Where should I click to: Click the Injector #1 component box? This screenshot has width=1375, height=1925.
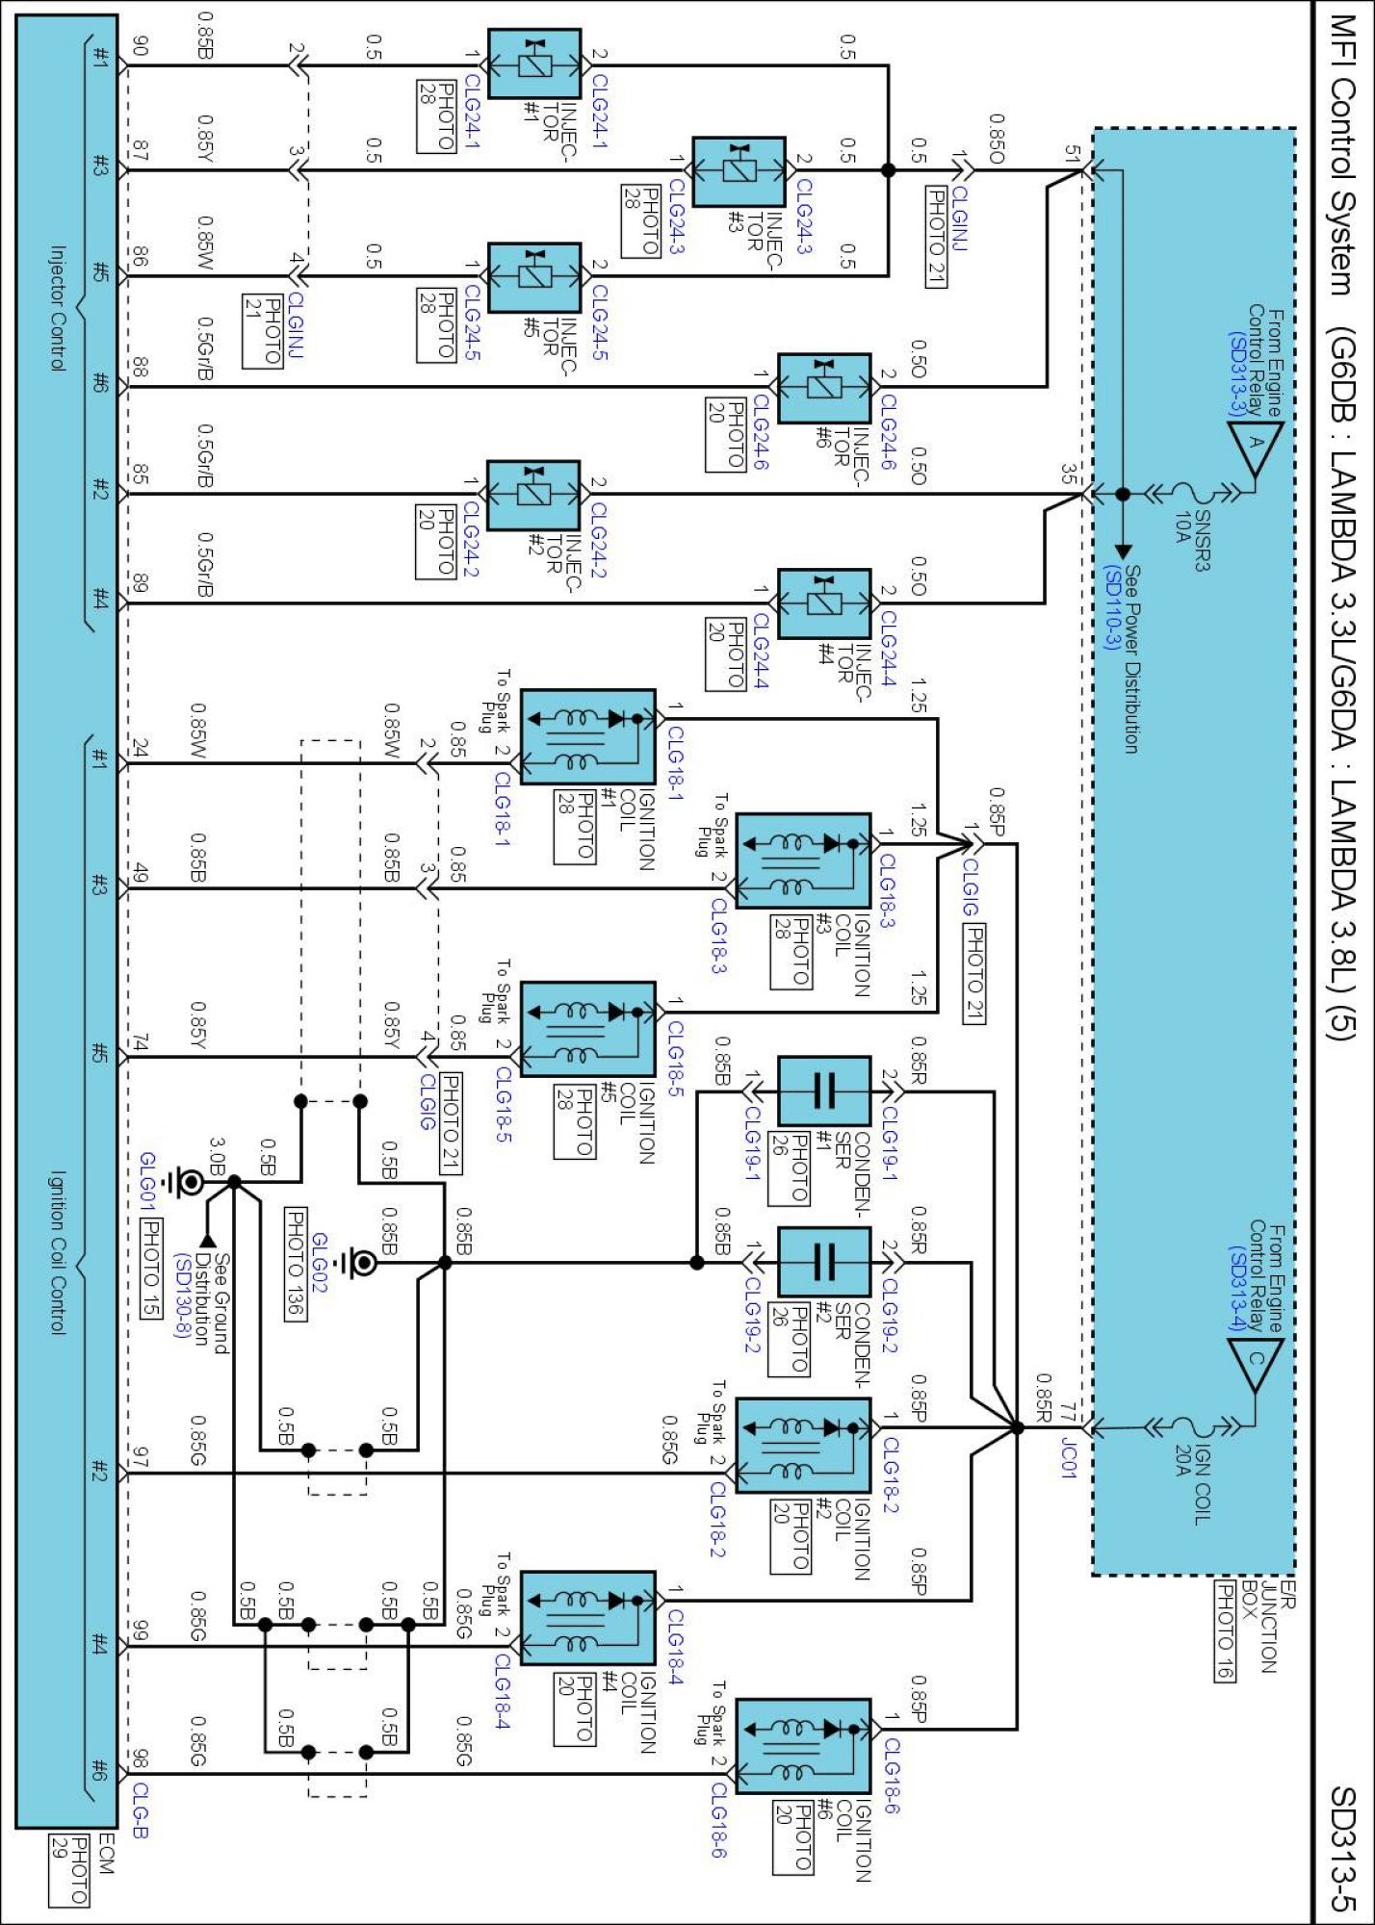point(534,64)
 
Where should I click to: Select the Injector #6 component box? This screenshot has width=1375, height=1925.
point(823,388)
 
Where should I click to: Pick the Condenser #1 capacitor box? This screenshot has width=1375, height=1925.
point(823,1091)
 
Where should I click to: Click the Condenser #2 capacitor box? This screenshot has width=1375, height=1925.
point(823,1261)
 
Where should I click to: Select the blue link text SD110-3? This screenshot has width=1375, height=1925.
point(1113,608)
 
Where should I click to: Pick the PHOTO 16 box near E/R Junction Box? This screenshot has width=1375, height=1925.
point(1224,1630)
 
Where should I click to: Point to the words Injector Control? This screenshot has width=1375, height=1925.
point(57,308)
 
